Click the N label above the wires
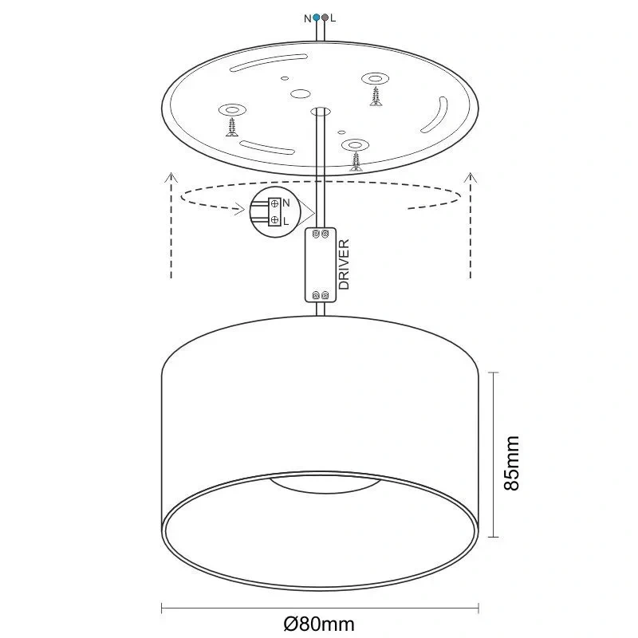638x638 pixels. pos(308,17)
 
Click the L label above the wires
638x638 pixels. pos(333,17)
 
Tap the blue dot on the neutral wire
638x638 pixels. pos(317,17)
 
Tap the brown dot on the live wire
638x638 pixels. pos(325,17)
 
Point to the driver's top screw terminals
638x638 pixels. pos(321,234)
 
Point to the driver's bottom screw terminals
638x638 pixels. pos(321,296)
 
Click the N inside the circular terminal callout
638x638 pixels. pos(286,203)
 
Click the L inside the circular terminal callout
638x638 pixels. pos(286,220)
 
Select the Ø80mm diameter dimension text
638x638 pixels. pos(319,624)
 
